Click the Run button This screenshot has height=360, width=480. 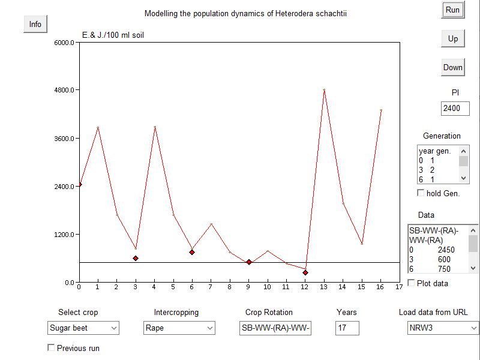(x=452, y=10)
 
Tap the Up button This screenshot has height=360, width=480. (x=452, y=39)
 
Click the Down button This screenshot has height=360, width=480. (x=452, y=67)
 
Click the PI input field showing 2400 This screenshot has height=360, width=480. (x=455, y=109)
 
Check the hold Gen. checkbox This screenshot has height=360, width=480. (x=421, y=193)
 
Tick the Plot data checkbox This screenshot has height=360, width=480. (x=411, y=283)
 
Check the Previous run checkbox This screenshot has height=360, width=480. (x=51, y=347)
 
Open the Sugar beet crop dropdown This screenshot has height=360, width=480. (x=83, y=328)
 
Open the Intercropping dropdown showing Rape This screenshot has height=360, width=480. (x=179, y=328)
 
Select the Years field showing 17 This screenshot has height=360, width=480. (x=347, y=328)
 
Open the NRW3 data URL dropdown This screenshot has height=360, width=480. (x=443, y=328)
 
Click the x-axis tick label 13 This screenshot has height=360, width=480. (x=324, y=287)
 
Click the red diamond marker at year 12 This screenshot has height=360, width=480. (x=305, y=272)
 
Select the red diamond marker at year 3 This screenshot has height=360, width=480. (x=136, y=258)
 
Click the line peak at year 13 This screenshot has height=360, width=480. (x=324, y=90)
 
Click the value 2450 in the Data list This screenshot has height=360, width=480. (x=446, y=250)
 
